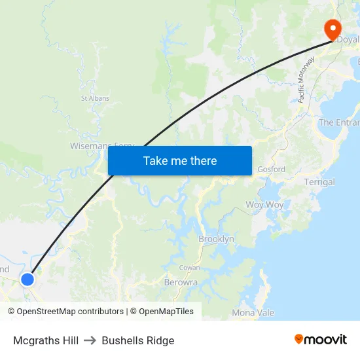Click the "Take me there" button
180,161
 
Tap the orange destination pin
332,29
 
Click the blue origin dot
27,279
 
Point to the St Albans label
95,98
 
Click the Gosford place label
271,170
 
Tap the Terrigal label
319,182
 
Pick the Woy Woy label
264,205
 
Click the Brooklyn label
216,240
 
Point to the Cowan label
190,268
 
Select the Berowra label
181,282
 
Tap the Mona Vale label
253,313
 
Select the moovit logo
320,339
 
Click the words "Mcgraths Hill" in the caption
46,340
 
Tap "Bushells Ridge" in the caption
138,340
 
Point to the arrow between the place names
90,340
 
